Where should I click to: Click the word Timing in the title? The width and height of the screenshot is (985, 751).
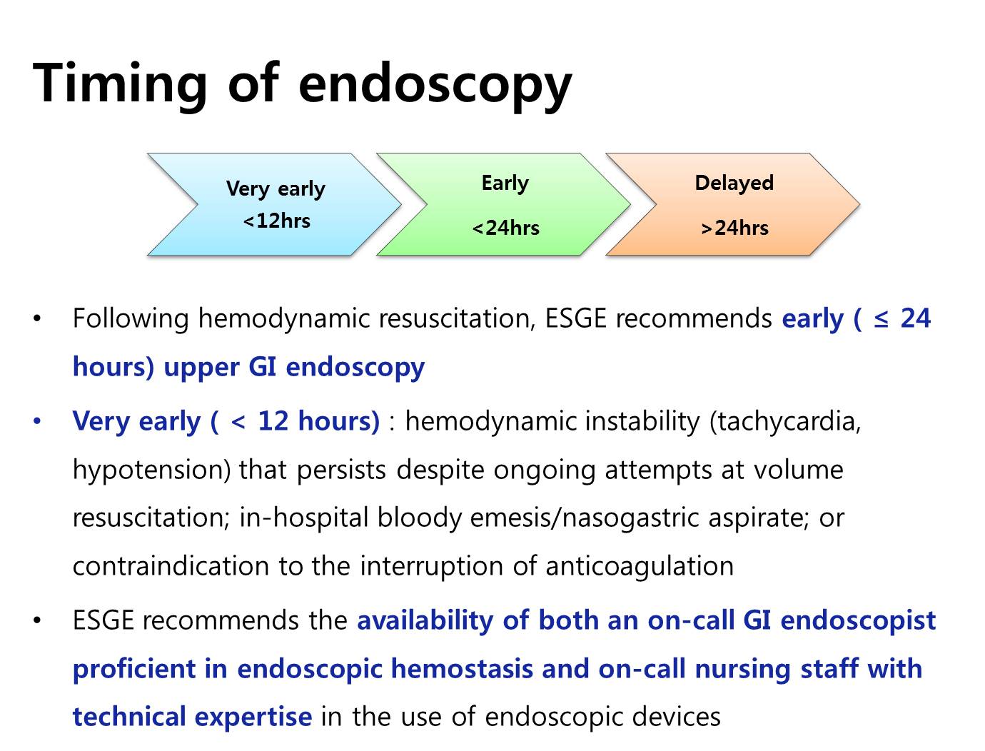[x=120, y=85]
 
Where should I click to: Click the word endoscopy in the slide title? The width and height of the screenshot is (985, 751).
[x=435, y=85]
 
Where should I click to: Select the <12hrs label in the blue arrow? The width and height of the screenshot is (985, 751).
[x=276, y=221]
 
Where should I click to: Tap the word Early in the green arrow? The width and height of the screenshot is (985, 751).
[x=505, y=183]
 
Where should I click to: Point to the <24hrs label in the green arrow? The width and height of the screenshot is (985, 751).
[x=506, y=228]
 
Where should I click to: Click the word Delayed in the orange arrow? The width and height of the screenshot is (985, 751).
[x=734, y=183]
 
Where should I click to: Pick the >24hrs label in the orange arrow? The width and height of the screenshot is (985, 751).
[x=735, y=228]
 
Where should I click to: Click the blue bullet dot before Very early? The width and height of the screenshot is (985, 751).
[x=37, y=422]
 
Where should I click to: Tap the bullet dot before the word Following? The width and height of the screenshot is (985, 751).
[x=37, y=318]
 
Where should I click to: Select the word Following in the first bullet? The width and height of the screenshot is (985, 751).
[x=131, y=319]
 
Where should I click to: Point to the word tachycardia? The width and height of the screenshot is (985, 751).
[x=785, y=422]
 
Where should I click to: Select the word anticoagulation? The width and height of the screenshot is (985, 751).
[x=640, y=565]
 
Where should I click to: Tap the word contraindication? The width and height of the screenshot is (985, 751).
[x=171, y=565]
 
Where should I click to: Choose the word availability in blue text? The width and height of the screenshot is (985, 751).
[x=425, y=620]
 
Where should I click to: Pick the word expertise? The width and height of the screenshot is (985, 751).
[x=253, y=717]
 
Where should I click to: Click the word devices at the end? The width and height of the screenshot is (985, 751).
[x=676, y=717]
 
